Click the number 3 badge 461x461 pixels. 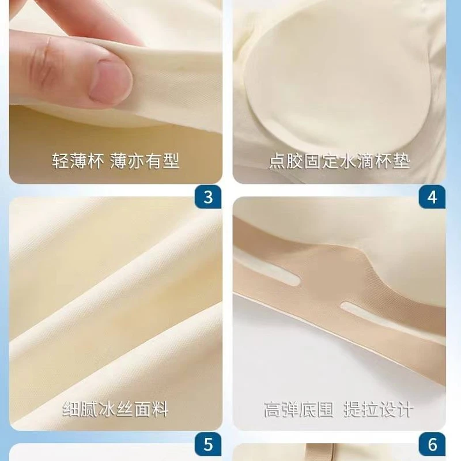click(x=209, y=197)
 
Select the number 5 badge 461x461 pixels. click(x=209, y=445)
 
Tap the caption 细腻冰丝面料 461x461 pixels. click(x=116, y=410)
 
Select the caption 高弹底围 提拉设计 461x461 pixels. click(x=339, y=410)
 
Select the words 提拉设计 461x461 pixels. click(x=379, y=410)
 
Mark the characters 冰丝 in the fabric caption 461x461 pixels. click(x=116, y=410)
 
